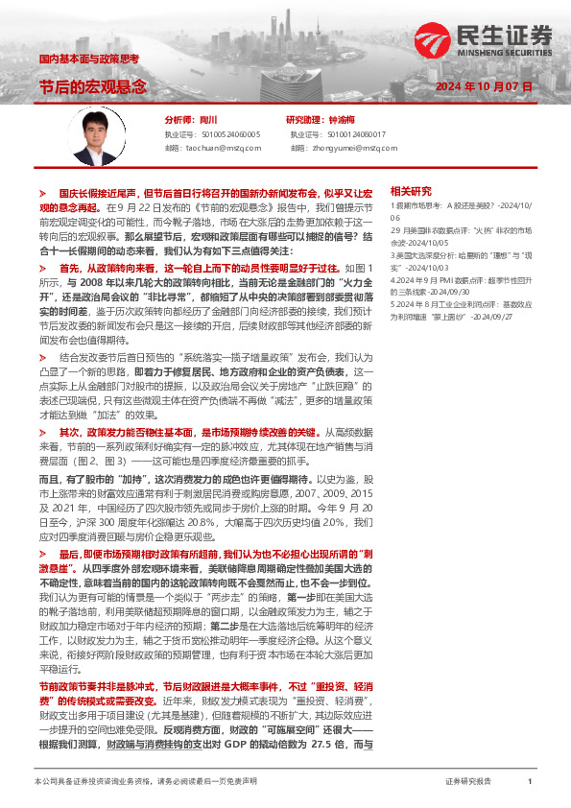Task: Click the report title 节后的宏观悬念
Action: coord(92,86)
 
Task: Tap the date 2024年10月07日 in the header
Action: coord(483,86)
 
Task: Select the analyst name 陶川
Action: coord(209,120)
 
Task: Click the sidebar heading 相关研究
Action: coord(412,191)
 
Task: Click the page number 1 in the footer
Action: coord(530,783)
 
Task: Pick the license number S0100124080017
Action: coord(350,135)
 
